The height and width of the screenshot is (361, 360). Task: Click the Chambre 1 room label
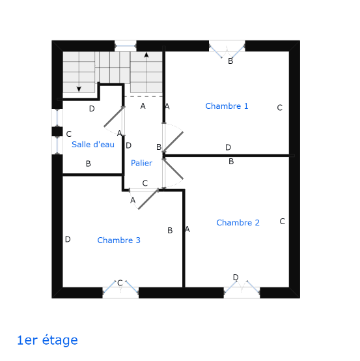point(227,106)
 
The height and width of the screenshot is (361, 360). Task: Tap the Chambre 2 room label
point(238,223)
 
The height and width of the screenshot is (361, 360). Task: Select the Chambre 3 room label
point(118,240)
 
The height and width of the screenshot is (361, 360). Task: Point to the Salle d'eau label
point(93,145)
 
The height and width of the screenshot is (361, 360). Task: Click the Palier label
point(141,163)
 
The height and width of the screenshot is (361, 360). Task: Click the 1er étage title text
point(48,340)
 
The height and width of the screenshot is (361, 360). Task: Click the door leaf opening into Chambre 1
point(173,142)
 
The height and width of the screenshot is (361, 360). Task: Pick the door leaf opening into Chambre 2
point(173,169)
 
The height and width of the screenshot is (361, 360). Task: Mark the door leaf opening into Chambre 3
point(148,199)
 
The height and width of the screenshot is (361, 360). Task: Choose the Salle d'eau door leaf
point(114,117)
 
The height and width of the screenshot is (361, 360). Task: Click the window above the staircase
point(126,46)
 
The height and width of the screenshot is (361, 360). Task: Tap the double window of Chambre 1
point(227,49)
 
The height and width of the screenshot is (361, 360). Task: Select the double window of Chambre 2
point(242,289)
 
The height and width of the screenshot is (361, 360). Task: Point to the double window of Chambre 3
point(120,289)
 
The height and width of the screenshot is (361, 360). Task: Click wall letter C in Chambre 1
point(280,108)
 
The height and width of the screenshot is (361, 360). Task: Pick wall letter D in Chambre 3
point(68,239)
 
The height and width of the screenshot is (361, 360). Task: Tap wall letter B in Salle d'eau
point(89,164)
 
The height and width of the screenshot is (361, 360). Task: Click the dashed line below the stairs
point(143,96)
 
